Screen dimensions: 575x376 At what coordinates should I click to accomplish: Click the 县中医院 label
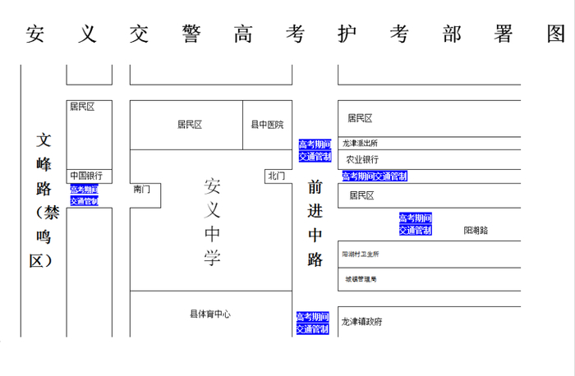(x=267, y=125)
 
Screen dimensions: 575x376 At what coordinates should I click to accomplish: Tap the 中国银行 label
(x=85, y=176)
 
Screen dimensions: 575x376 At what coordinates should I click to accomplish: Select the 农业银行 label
(x=362, y=159)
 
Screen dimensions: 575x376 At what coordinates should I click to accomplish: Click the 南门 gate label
(x=142, y=190)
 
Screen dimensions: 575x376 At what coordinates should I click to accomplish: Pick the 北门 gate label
(x=277, y=176)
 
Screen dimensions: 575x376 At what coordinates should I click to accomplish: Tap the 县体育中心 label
(x=210, y=314)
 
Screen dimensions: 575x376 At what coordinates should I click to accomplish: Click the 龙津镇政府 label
(x=362, y=322)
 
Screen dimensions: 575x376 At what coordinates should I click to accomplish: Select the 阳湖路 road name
(x=476, y=231)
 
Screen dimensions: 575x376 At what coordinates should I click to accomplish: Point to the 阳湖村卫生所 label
(x=361, y=254)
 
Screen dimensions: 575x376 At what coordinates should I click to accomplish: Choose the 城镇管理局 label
(x=360, y=279)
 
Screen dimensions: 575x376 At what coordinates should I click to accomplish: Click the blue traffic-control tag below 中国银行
(x=84, y=195)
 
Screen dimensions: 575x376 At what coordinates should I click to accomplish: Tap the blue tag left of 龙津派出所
(x=314, y=151)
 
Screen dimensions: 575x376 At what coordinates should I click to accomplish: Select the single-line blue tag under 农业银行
(x=375, y=176)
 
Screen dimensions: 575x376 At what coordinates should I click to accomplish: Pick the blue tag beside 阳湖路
(x=415, y=224)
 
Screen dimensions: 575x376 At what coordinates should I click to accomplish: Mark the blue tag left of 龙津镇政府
(x=312, y=323)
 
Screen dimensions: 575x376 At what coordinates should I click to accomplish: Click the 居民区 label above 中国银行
(x=82, y=107)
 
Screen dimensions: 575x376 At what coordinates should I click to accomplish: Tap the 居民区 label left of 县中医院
(x=190, y=125)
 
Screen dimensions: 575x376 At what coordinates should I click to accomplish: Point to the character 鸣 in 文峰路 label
(x=43, y=237)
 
